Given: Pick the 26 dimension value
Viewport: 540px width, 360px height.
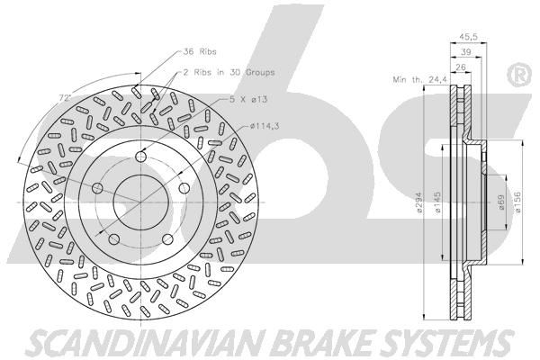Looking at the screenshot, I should [x=460, y=67].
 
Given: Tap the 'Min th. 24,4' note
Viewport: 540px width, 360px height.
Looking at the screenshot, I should [x=416, y=78].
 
